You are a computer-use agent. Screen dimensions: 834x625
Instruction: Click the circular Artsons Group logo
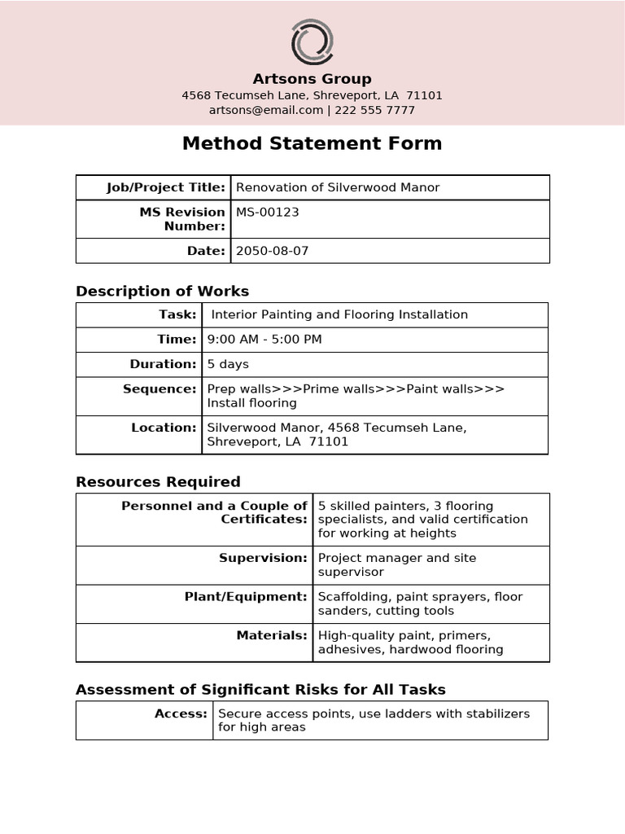coord(312,43)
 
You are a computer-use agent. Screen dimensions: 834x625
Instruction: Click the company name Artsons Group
coord(312,79)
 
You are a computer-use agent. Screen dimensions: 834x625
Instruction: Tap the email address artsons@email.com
coord(266,110)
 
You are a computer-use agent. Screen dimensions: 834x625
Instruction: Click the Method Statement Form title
coord(312,144)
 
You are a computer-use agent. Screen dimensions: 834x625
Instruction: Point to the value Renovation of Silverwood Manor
coord(338,187)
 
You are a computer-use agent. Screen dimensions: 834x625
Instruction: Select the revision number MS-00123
coord(268,212)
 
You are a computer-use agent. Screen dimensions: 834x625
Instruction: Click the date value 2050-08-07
coord(272,251)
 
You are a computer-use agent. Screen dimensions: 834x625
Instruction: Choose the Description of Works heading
coord(162,291)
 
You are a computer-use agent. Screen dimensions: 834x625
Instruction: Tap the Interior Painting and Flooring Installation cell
coord(339,314)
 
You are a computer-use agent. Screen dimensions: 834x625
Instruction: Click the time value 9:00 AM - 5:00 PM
coord(264,339)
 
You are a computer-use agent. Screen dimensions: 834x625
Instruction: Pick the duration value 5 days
coord(228,364)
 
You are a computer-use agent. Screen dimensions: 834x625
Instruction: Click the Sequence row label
coord(160,388)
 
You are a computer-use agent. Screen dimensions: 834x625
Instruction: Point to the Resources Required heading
coord(158,481)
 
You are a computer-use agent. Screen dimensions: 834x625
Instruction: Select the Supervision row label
coord(263,558)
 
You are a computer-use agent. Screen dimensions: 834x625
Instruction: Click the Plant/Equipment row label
coord(246,597)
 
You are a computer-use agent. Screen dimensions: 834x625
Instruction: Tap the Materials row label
coord(272,635)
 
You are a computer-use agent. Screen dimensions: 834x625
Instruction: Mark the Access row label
coord(181,713)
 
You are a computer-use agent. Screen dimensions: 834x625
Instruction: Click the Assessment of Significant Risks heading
coord(260,690)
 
